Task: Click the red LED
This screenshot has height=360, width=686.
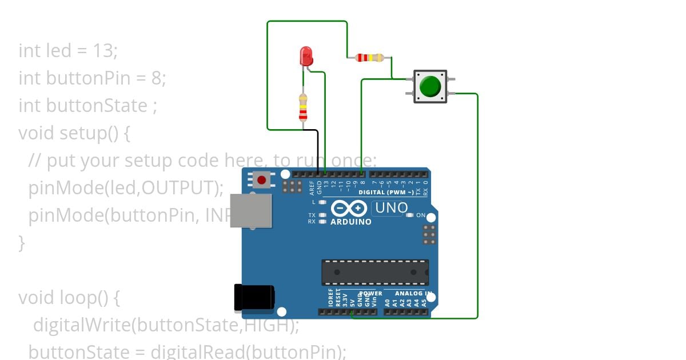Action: click(306, 56)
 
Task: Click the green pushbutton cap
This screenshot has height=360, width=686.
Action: click(430, 86)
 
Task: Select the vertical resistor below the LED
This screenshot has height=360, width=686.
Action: click(303, 107)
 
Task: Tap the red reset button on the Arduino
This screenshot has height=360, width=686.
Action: click(262, 180)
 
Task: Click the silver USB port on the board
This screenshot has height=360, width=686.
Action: click(250, 210)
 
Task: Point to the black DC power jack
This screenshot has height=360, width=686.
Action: click(254, 298)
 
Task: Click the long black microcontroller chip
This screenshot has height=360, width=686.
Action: click(374, 272)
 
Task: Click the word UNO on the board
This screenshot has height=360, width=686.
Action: click(392, 208)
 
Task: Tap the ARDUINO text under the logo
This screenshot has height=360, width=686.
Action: click(351, 222)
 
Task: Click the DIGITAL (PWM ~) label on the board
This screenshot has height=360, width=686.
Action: click(386, 193)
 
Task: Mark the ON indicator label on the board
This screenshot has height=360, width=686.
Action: click(420, 215)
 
